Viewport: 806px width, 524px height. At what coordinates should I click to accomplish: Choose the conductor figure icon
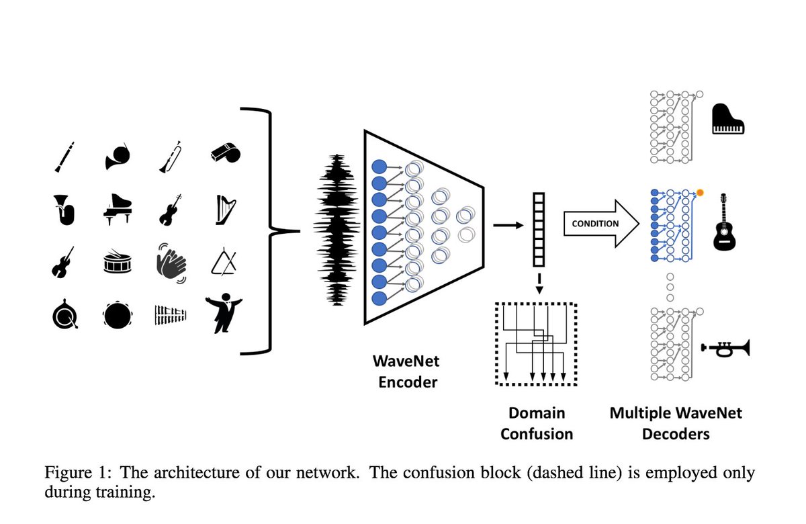tap(224, 313)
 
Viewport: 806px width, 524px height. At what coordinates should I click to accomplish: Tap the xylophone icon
tap(171, 314)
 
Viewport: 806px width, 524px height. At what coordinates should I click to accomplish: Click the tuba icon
tap(64, 209)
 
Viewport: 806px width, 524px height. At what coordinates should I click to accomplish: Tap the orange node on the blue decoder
tap(700, 193)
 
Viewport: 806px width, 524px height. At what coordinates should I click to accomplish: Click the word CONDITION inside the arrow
tap(595, 224)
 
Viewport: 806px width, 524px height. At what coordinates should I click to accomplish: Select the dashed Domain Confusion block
tap(535, 343)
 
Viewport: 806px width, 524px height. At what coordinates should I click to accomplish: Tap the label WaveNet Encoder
tap(405, 372)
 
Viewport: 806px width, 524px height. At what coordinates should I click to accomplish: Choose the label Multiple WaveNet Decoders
tap(676, 423)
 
